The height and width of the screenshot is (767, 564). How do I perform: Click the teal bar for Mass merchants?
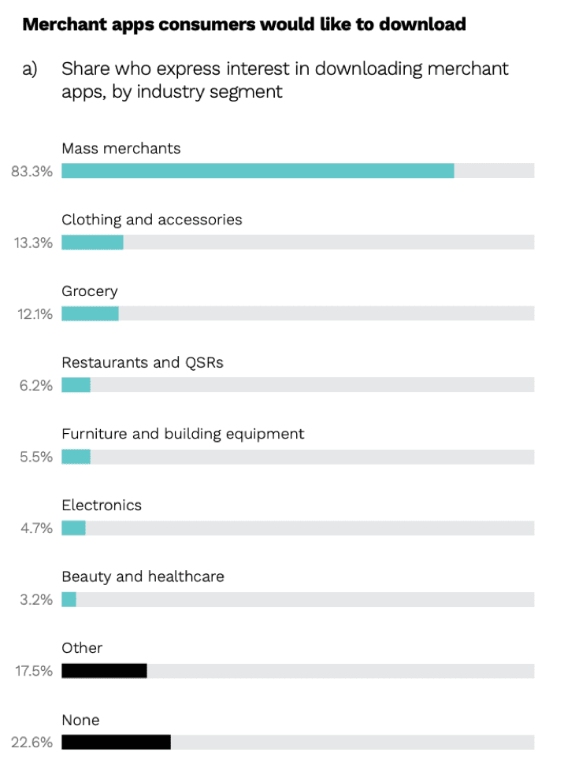258,170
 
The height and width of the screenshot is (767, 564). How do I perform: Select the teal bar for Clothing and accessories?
92,242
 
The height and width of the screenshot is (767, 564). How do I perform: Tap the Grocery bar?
90,313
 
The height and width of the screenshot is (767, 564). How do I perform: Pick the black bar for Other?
104,671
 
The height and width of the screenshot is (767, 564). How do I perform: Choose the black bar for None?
116,742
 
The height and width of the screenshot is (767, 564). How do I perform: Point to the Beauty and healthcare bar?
69,599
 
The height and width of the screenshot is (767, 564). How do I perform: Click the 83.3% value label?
32,171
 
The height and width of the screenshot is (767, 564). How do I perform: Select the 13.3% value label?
33,243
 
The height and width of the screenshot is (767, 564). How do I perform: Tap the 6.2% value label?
36,385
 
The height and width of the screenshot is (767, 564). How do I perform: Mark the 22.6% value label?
32,743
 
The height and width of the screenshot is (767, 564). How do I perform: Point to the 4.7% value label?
36,528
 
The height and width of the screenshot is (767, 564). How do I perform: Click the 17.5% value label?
33,672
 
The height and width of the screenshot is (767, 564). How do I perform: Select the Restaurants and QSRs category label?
143,363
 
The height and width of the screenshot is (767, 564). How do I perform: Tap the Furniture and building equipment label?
183,434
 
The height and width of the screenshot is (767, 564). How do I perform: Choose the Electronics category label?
102,506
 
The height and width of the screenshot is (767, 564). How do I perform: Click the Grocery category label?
90,291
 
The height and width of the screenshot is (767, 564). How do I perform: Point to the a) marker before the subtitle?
30,69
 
